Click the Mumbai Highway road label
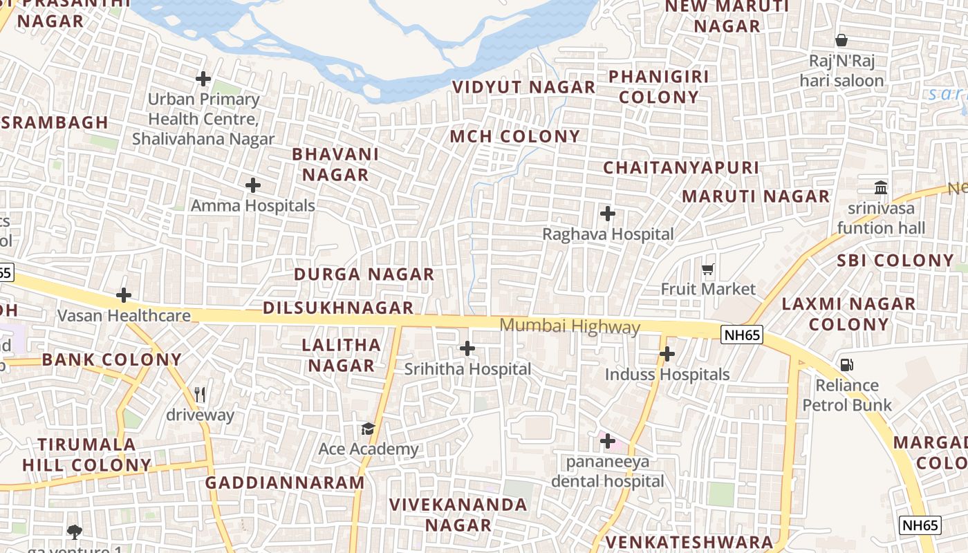point(570,326)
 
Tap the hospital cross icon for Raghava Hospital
point(608,214)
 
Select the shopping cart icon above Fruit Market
point(707,269)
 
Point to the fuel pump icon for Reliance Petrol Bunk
point(846,364)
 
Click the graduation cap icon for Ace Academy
point(368,429)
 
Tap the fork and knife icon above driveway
point(200,394)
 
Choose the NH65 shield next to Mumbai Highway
point(741,335)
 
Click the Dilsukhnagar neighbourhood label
point(338,308)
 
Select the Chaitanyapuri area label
point(681,167)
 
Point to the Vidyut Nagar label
point(523,87)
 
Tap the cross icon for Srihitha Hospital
point(467,348)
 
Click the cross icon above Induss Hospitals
point(667,355)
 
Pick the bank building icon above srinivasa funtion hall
point(881,187)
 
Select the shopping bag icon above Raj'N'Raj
point(841,40)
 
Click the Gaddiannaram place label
point(285,482)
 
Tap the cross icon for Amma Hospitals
point(253,185)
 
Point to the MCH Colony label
point(515,136)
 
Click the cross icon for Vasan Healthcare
point(124,296)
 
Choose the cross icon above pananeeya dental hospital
point(608,440)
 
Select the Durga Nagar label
point(364,274)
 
